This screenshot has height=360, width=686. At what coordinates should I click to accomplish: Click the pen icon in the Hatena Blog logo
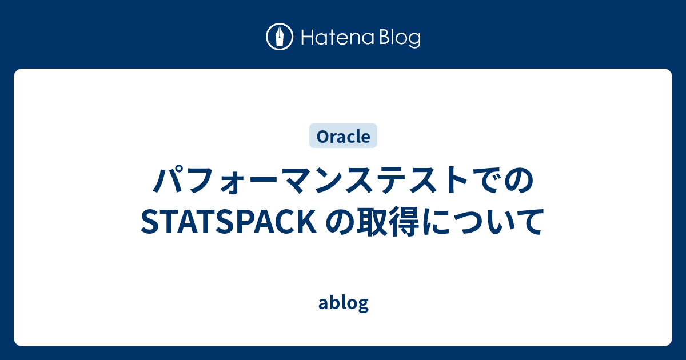pyautogui.click(x=280, y=37)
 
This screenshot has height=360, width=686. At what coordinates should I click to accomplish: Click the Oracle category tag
pyautogui.click(x=343, y=137)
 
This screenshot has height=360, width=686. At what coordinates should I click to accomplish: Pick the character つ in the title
pyautogui.click(x=472, y=223)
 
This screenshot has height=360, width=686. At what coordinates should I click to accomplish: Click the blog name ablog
pyautogui.click(x=343, y=303)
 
